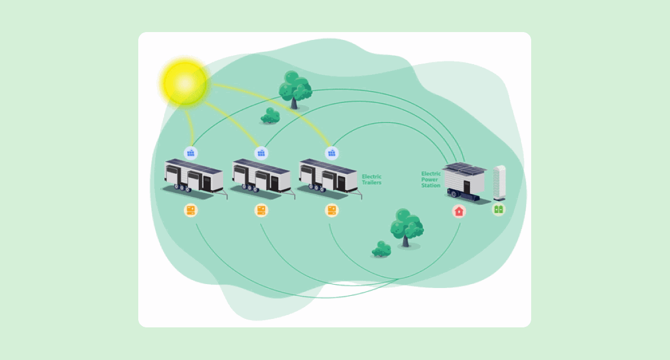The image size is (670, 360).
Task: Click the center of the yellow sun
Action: click(x=185, y=83)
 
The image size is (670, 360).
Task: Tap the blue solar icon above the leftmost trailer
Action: click(x=191, y=152)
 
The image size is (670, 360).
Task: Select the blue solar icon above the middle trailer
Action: click(x=261, y=152)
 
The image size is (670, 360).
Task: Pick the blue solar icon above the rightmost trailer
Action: click(x=332, y=152)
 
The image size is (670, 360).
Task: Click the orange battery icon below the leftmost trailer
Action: click(x=191, y=211)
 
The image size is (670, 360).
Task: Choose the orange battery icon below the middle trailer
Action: click(x=261, y=211)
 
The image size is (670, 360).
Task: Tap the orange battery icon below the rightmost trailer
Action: click(x=332, y=211)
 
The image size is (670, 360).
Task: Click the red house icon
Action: click(x=459, y=211)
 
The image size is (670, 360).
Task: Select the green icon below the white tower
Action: click(x=498, y=210)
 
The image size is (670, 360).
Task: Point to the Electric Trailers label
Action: click(x=372, y=179)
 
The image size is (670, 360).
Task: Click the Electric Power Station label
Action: click(x=431, y=179)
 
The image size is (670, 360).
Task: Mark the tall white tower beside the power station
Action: click(x=499, y=182)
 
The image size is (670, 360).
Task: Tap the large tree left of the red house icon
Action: click(x=406, y=227)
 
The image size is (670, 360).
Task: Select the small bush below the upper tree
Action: click(x=270, y=115)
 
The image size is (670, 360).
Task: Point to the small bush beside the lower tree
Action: click(x=382, y=249)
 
